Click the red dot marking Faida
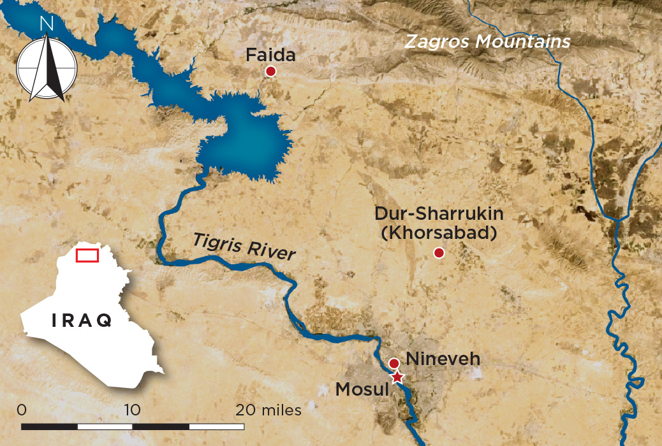click(270, 71)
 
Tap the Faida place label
click(271, 55)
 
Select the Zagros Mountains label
click(487, 42)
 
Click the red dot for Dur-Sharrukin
click(439, 253)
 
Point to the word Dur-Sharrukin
click(439, 214)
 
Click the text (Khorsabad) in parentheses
click(438, 233)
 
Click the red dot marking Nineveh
click(394, 363)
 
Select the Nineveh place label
click(443, 359)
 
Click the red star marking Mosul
click(397, 377)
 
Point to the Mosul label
click(362, 388)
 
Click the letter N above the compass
click(46, 24)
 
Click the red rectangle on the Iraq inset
click(87, 255)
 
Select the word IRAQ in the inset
click(82, 320)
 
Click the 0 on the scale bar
click(22, 410)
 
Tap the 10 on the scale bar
click(133, 410)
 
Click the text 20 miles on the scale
click(268, 410)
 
